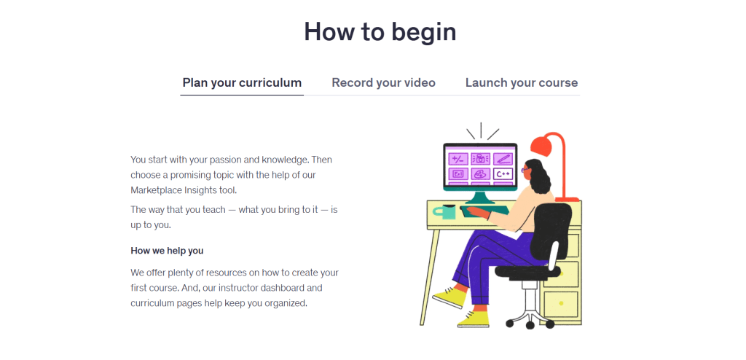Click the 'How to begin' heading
pos(380,32)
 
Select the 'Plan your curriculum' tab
pos(242,82)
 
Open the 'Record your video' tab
pos(383,82)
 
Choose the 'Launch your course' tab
pos(522,82)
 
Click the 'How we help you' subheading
pos(167,251)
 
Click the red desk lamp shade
pos(546,145)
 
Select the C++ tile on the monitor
pos(503,173)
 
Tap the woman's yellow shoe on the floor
pos(474,318)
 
